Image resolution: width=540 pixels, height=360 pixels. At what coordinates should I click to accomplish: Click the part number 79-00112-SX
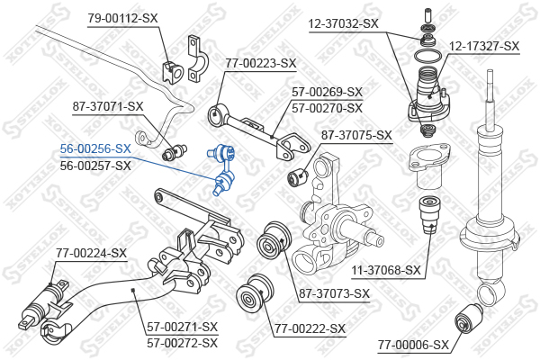point(122,18)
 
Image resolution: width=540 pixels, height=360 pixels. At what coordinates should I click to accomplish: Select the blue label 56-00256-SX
point(95,148)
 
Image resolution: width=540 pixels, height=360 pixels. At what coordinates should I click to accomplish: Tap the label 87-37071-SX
point(108,106)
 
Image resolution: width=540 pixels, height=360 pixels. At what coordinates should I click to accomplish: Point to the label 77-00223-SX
point(261,63)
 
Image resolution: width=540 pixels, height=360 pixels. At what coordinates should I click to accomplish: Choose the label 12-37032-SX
point(344,23)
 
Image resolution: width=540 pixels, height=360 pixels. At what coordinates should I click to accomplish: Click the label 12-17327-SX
point(484,46)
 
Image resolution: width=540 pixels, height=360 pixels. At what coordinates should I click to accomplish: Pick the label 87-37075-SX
point(356,135)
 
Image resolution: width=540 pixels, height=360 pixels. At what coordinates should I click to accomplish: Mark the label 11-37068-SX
point(386,270)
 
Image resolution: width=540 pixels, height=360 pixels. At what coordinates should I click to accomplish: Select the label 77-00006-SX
point(414,345)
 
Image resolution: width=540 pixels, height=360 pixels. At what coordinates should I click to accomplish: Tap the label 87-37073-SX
point(334,293)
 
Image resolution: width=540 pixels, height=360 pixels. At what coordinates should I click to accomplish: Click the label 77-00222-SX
point(310,329)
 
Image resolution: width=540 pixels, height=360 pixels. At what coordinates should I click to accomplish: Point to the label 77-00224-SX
point(91,253)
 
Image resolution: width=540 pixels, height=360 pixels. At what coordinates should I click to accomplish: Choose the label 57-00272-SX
point(183,343)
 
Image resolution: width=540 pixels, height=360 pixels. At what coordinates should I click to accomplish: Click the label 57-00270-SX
point(328,109)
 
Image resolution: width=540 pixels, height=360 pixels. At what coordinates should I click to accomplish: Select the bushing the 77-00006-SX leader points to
point(469,319)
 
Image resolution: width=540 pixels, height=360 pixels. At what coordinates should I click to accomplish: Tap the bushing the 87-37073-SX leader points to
point(274,239)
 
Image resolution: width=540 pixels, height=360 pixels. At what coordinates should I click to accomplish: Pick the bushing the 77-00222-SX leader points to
point(255,293)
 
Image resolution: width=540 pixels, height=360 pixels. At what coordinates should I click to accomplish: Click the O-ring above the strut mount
point(427,56)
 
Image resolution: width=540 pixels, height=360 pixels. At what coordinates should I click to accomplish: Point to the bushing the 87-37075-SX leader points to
point(298,175)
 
